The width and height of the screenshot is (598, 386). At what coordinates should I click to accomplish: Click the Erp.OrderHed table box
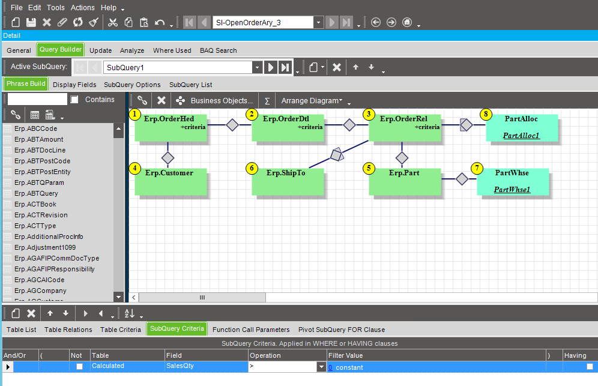point(171,128)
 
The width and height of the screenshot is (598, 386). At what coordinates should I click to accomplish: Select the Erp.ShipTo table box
point(288,182)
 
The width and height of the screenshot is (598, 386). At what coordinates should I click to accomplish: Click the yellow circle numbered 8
point(486,114)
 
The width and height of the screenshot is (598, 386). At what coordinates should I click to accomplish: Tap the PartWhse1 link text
point(512,190)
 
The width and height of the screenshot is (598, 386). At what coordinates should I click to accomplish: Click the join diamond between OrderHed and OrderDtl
point(232,125)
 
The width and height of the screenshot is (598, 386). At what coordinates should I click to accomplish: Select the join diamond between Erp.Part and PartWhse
point(462,179)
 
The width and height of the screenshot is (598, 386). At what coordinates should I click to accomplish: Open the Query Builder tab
point(60,50)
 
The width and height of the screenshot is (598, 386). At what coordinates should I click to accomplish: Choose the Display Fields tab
point(74,85)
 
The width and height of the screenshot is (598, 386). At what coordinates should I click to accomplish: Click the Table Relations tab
point(68,330)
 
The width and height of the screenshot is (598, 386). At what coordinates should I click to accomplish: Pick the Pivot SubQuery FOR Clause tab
point(342,330)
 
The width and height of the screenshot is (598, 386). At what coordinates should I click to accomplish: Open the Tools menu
point(56,8)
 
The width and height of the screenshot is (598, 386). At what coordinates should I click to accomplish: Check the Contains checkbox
point(74,100)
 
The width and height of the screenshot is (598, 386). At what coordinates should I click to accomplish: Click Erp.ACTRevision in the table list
point(41,215)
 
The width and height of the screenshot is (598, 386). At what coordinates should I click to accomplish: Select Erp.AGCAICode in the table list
point(39,280)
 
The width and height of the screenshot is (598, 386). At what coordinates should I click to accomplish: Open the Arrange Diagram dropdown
point(312,101)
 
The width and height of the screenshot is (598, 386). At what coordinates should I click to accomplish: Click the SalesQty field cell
point(207,367)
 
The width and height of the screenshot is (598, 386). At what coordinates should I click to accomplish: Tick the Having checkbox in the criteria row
point(590,367)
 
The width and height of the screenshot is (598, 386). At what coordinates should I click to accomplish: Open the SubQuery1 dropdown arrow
point(258,67)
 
